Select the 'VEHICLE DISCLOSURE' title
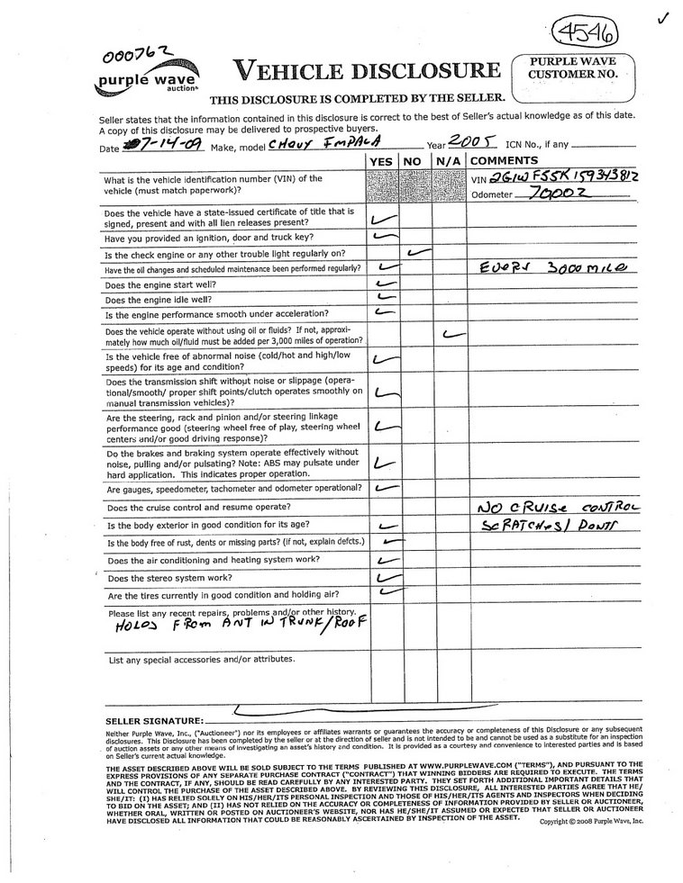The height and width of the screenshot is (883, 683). click(366, 69)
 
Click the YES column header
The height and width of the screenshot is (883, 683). click(382, 161)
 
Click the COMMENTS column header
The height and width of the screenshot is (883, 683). click(504, 161)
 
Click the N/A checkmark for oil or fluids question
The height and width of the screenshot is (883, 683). click(454, 334)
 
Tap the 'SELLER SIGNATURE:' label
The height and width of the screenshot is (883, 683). click(154, 721)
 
